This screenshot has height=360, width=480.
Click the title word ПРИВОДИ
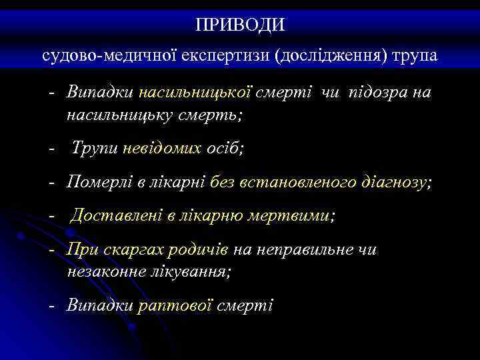(240, 25)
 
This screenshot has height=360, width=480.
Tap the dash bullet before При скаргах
(52, 250)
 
